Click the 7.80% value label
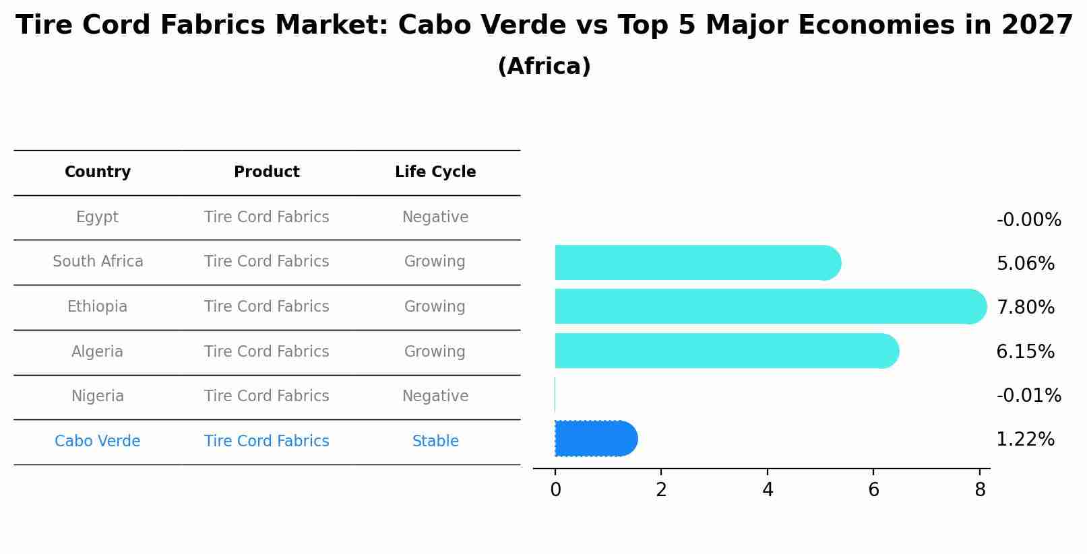1025,308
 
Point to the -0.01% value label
1028,396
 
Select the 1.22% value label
1025,440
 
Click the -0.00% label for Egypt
1028,220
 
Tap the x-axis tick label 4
768,490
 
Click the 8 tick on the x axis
980,490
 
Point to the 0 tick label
555,490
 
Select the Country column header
98,172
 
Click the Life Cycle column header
435,172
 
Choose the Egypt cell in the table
97,217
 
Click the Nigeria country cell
98,396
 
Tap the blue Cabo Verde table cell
98,442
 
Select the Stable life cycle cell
435,442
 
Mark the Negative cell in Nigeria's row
435,396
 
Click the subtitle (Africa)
544,67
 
